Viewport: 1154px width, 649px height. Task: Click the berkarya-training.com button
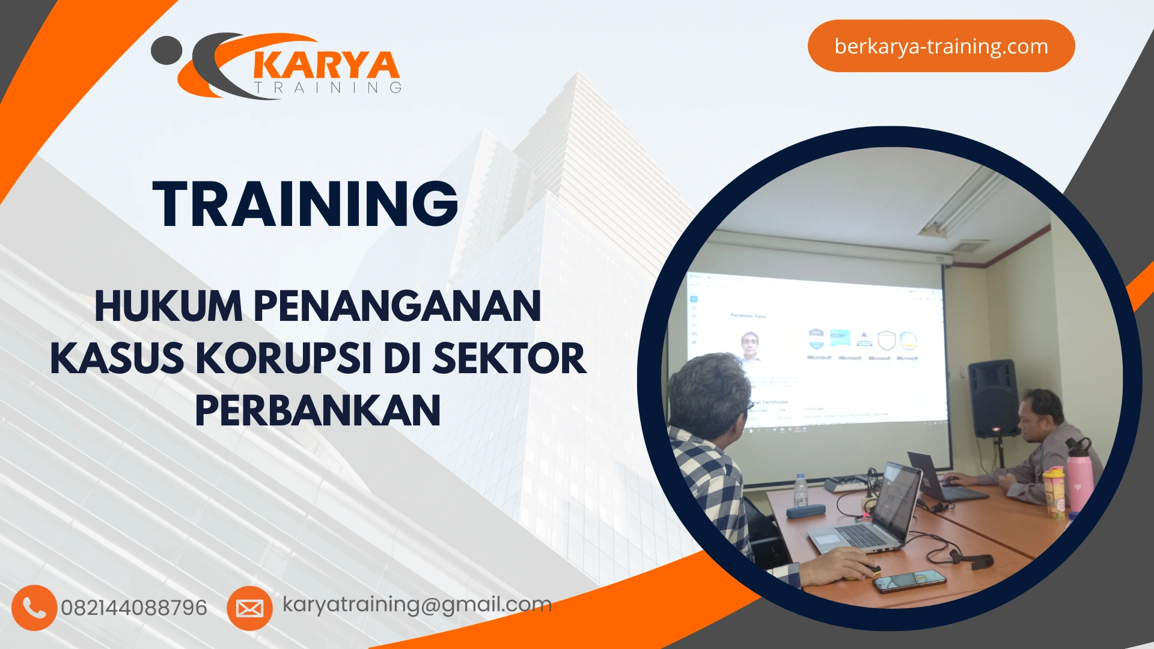941,46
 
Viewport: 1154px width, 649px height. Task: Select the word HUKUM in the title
168,306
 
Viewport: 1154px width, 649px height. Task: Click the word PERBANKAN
318,411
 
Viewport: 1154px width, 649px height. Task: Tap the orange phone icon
34,608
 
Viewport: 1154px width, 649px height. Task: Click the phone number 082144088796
134,608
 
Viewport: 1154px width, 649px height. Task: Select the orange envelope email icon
249,608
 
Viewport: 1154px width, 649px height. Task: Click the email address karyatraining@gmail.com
417,604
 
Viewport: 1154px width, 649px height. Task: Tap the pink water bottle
1080,475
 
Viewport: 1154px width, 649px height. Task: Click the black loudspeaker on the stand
993,398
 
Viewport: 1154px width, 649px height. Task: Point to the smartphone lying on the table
909,580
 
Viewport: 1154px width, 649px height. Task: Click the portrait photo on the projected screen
749,346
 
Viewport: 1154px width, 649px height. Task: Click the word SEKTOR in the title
509,359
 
